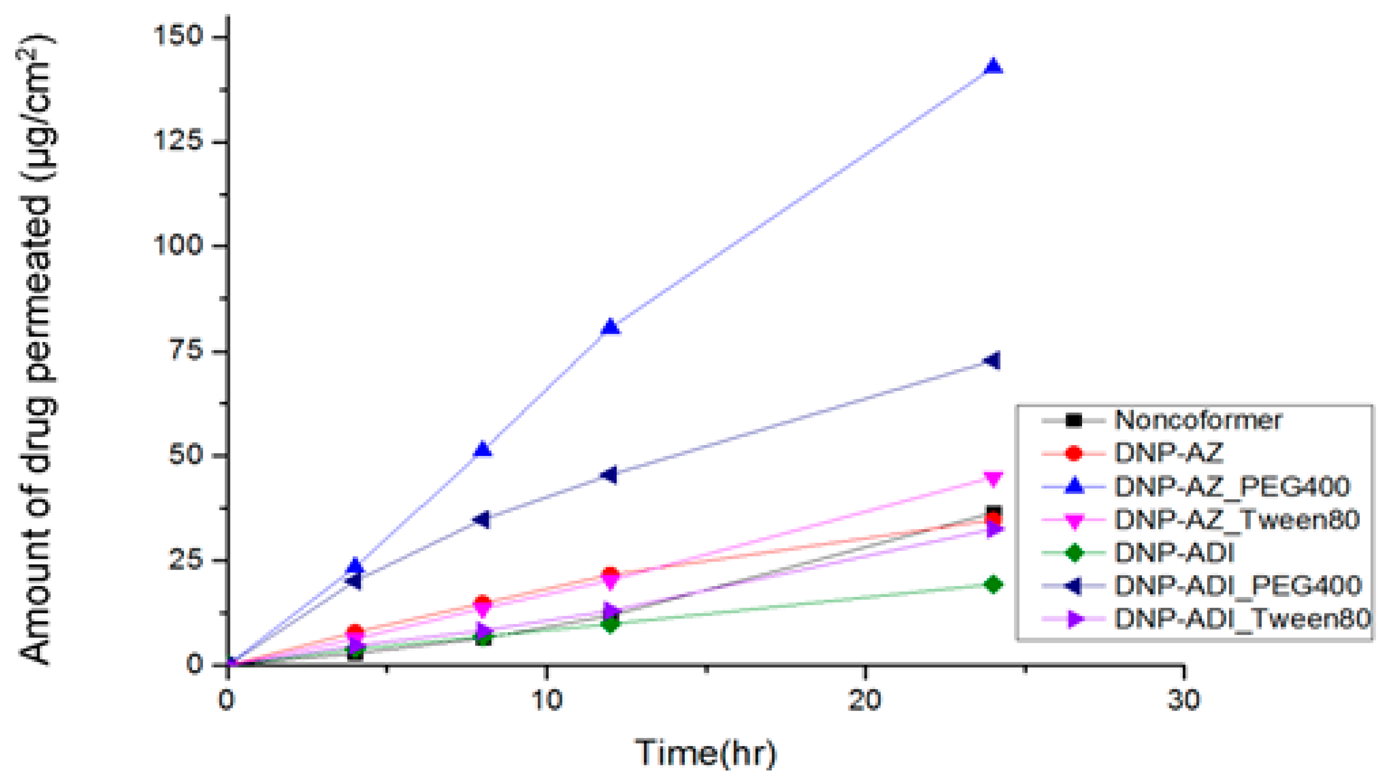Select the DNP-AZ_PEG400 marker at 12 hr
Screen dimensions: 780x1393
click(611, 327)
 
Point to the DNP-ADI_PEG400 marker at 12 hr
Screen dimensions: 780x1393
click(609, 475)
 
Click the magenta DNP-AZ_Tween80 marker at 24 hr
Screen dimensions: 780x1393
click(994, 478)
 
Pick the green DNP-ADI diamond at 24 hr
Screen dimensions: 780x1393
click(993, 584)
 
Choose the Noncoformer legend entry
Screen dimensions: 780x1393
click(1198, 420)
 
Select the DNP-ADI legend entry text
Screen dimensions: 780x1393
click(1174, 552)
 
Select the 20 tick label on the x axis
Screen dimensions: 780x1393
click(864, 700)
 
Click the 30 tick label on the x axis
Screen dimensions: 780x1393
click(1183, 700)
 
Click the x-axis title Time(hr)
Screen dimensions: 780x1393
click(706, 752)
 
